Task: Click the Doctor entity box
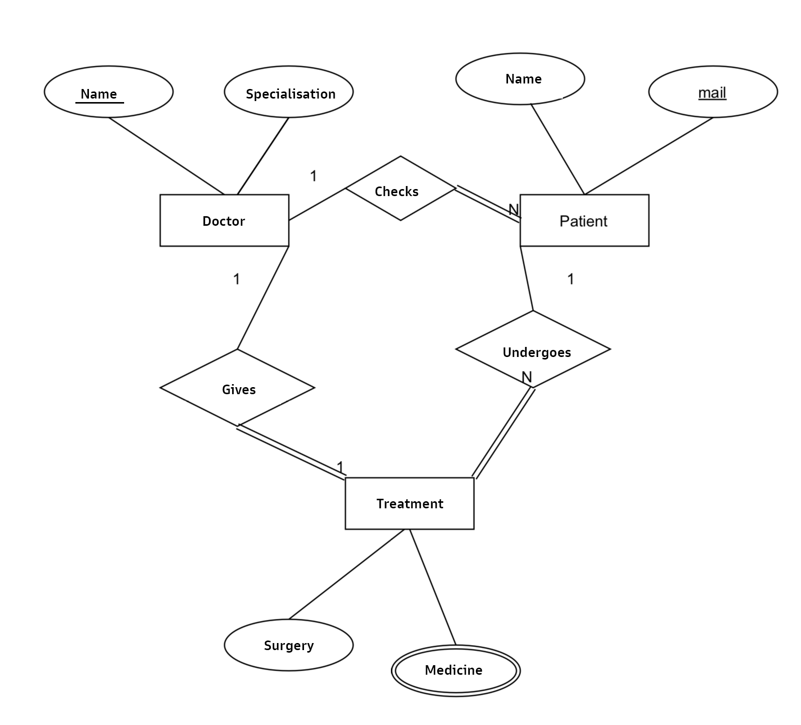224,220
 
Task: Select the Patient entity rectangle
584,220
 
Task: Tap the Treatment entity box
409,503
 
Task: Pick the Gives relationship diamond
237,388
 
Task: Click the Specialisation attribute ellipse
288,92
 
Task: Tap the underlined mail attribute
713,92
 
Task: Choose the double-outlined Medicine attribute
455,670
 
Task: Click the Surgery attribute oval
288,645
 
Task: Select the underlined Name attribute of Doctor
109,92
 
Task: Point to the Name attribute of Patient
520,79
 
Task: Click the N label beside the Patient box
513,209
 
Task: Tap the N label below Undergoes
526,377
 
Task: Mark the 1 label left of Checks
314,176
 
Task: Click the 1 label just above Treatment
340,467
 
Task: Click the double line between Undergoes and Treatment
503,432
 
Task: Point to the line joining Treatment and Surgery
347,574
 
